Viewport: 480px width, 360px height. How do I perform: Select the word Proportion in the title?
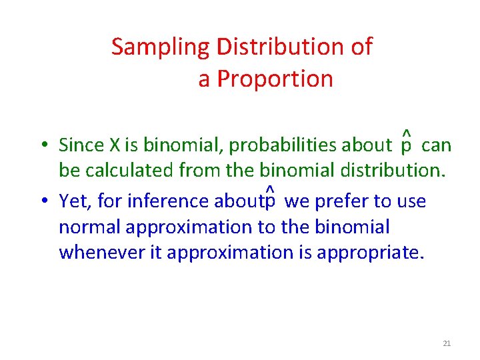275,79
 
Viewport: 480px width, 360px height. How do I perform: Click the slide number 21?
447,343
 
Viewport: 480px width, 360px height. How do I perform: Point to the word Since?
79,145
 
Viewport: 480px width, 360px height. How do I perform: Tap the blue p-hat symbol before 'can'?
406,143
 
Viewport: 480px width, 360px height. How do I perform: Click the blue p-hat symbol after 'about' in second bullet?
269,199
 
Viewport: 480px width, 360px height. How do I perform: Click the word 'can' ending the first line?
437,145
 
